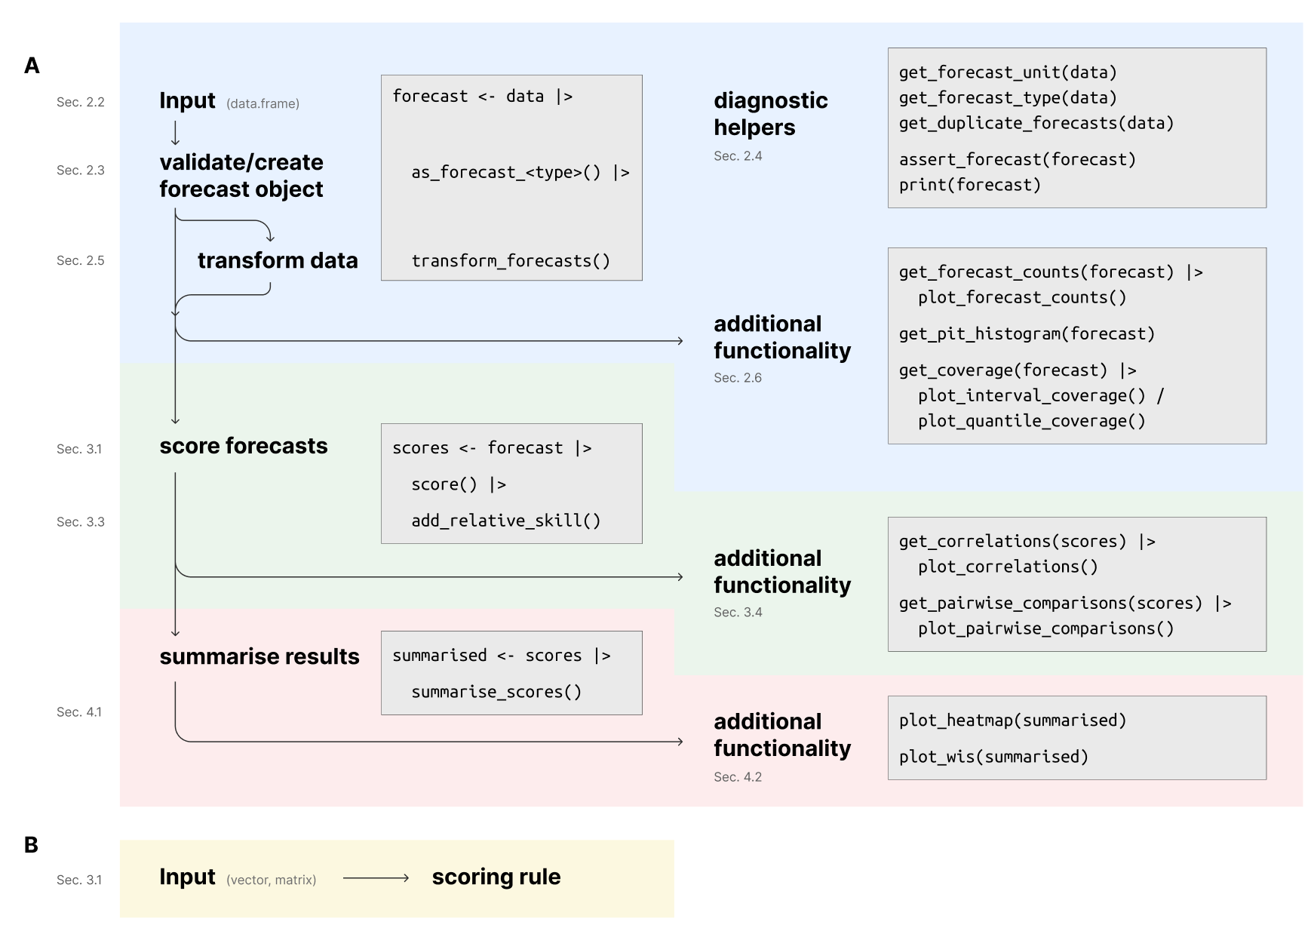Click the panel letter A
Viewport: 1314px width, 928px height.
point(32,66)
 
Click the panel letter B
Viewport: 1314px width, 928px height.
point(31,844)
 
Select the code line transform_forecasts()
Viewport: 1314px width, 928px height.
point(511,261)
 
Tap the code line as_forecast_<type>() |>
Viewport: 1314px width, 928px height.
point(520,173)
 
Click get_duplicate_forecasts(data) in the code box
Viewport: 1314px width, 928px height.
point(1036,123)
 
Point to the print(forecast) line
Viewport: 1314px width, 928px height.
point(969,185)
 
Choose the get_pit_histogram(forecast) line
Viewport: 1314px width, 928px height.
point(1026,333)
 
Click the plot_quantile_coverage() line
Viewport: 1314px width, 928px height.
point(1031,421)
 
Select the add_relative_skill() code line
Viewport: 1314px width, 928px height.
point(505,521)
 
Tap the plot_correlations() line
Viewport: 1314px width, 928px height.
point(1007,567)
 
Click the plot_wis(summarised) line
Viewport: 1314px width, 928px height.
point(993,757)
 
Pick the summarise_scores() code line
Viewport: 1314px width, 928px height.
point(496,692)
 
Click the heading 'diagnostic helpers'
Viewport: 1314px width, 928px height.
point(770,114)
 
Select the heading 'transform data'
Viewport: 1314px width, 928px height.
point(278,260)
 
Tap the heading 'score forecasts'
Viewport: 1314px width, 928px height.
point(243,446)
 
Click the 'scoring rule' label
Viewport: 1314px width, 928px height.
point(496,877)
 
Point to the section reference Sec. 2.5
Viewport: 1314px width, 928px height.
point(80,260)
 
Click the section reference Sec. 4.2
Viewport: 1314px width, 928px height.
point(737,776)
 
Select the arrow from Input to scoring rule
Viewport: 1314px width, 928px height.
point(376,877)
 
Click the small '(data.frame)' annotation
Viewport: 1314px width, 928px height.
point(262,103)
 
